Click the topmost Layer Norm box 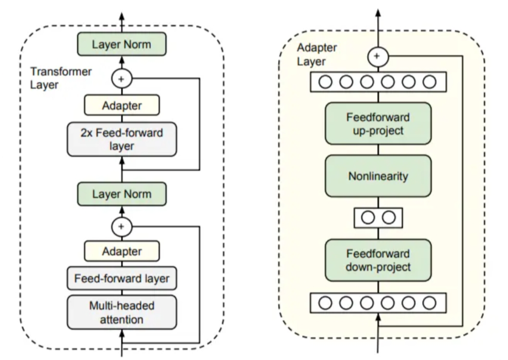point(122,44)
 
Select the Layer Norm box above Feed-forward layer point(122,194)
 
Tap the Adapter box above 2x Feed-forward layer point(122,105)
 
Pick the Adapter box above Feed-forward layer point(122,251)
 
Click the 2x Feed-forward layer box point(122,139)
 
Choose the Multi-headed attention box point(122,312)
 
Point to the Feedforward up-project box point(378,123)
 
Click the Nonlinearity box point(378,176)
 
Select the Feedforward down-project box point(378,260)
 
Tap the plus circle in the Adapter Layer point(378,56)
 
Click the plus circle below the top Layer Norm point(122,79)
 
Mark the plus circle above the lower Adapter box point(122,227)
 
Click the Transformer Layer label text point(61,78)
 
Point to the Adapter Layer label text point(317,54)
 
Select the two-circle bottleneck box point(378,218)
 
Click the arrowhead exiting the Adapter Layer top point(378,13)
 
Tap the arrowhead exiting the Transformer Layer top point(122,17)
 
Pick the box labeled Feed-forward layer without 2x point(122,278)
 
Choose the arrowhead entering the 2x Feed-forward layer point(122,161)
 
